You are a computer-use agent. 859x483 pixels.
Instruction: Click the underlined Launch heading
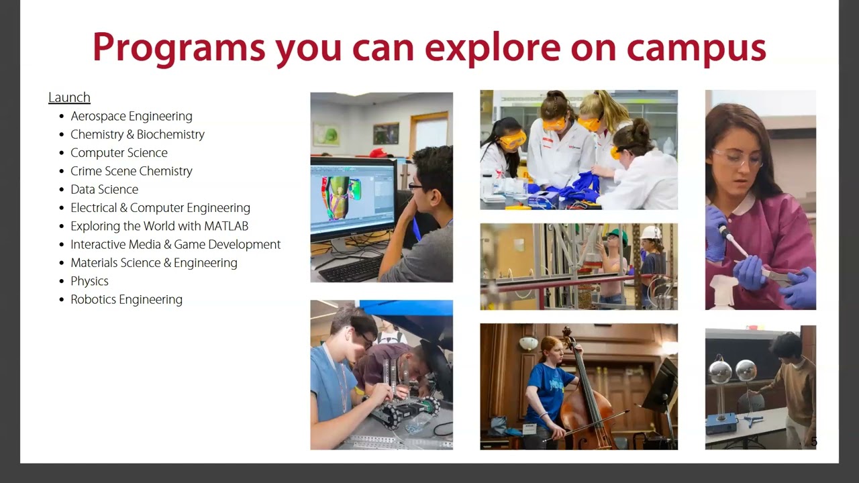tap(69, 97)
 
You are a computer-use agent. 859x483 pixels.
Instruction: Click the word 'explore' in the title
tap(493, 48)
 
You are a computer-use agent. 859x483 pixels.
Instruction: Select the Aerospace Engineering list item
tap(132, 116)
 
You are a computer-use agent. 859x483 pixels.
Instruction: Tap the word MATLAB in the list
tap(226, 226)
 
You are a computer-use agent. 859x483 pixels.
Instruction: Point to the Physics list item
tap(90, 281)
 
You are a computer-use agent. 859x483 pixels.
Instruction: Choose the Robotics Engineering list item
tap(127, 299)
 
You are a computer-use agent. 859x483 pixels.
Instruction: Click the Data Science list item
tap(104, 189)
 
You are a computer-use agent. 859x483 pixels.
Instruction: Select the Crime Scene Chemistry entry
tap(132, 171)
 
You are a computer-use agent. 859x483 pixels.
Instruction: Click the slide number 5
tap(814, 442)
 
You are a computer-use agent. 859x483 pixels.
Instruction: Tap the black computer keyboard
tap(351, 268)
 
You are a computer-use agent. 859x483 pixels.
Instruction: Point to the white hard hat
tap(651, 232)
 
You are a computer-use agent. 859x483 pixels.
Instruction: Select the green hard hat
tap(615, 233)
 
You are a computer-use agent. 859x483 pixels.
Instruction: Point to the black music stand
tap(660, 387)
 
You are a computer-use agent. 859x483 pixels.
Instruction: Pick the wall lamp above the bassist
tap(528, 342)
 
